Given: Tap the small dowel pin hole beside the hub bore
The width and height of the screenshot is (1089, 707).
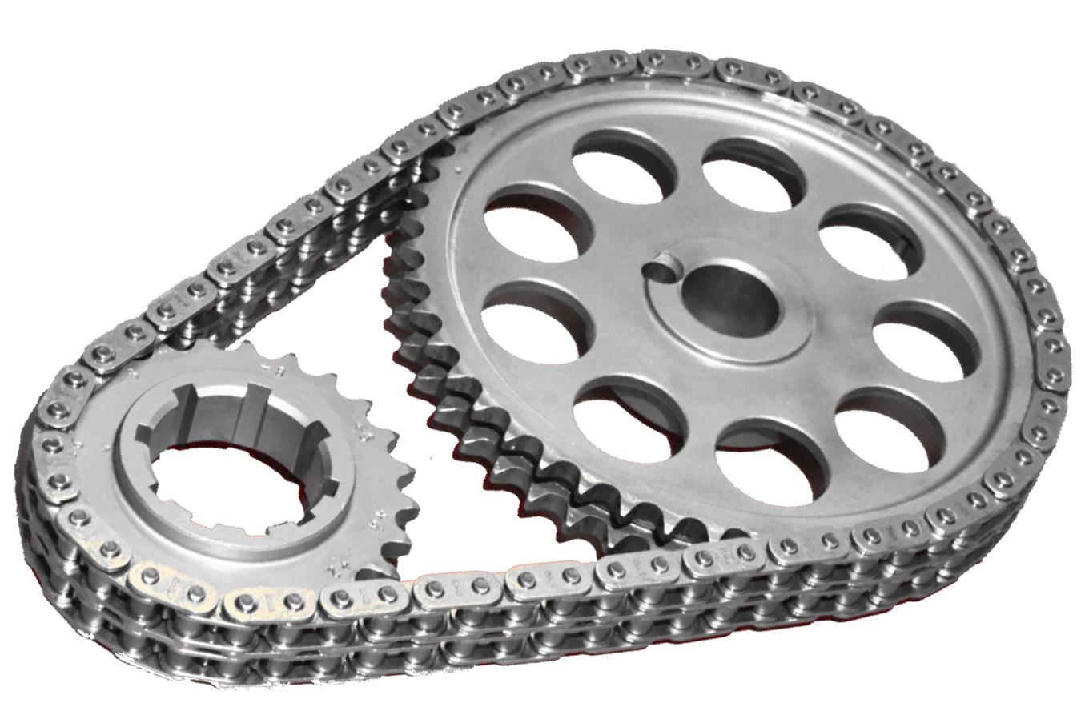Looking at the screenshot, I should click(x=664, y=267).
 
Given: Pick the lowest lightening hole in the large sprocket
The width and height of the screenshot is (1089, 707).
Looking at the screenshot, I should click(x=769, y=460).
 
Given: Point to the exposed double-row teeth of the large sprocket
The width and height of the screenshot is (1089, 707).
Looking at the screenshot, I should click(x=448, y=400).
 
